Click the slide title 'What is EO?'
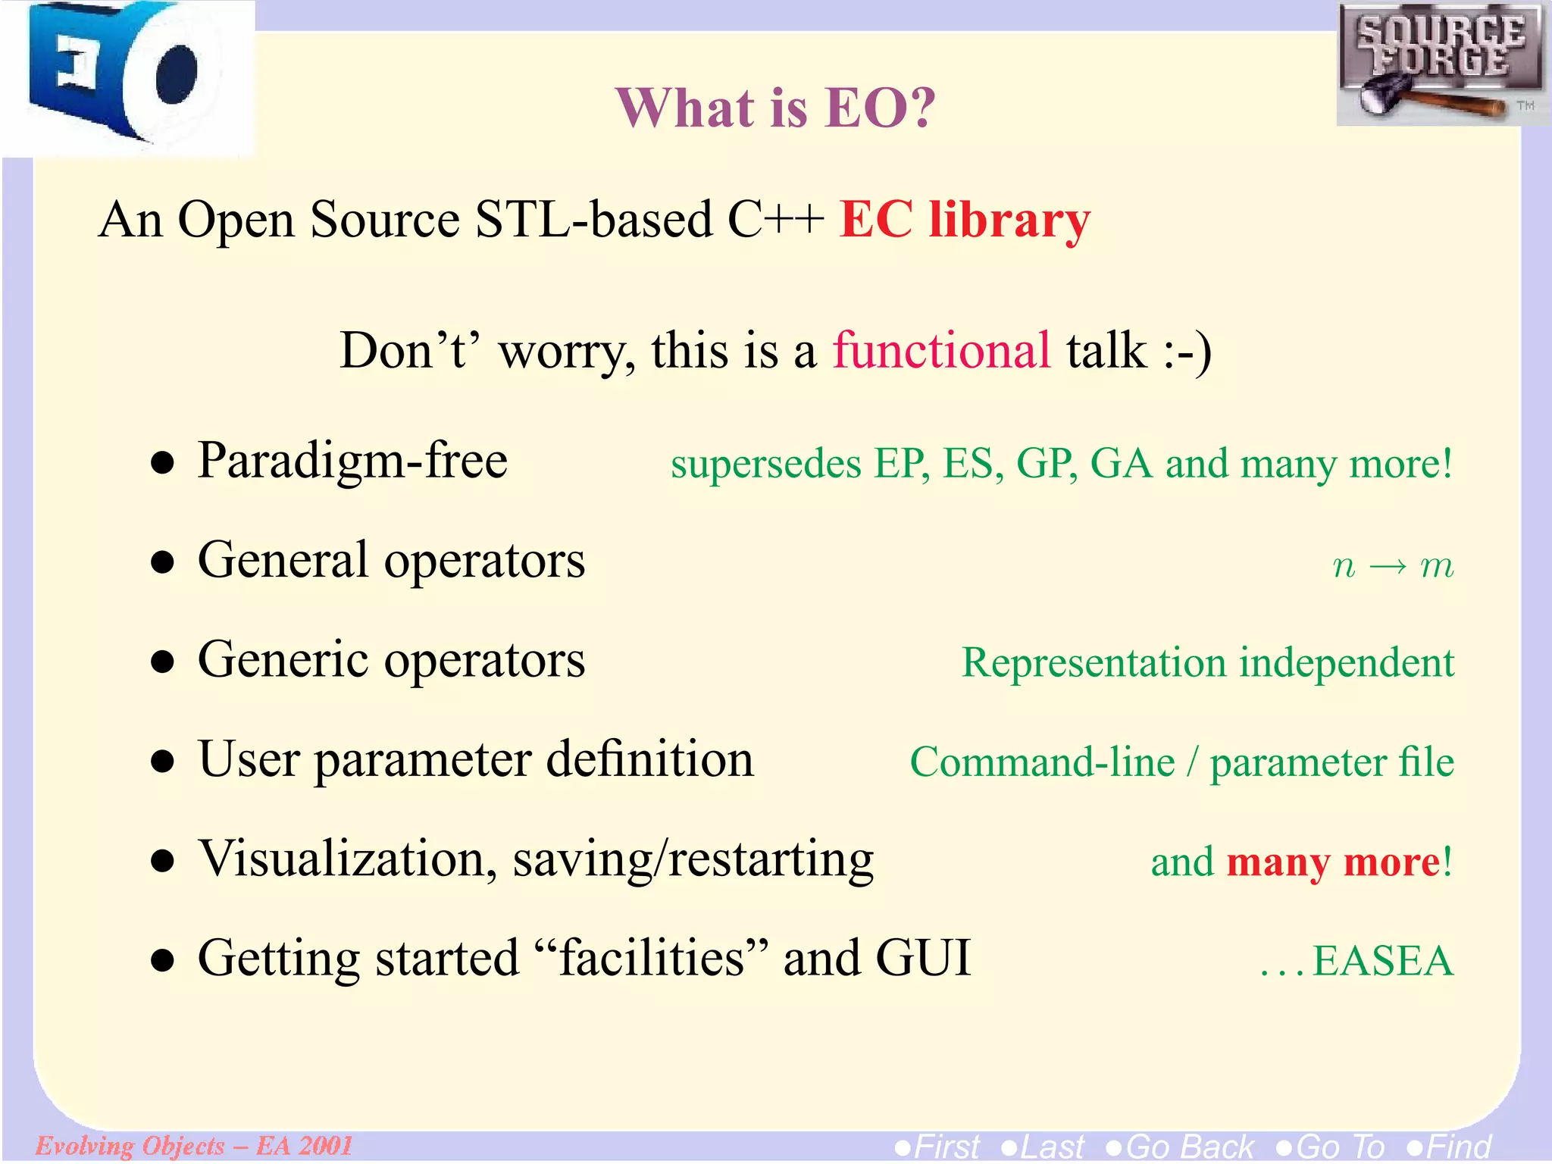(x=775, y=108)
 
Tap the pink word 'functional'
(x=942, y=351)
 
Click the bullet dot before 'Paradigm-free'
(x=162, y=462)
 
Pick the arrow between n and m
(x=1388, y=566)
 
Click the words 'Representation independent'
(x=1207, y=662)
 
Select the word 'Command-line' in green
(x=1042, y=762)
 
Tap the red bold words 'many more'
(x=1333, y=862)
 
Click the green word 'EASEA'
(x=1382, y=961)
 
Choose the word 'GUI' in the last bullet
(x=922, y=958)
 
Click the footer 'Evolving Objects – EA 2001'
(x=194, y=1145)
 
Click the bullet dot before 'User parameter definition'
(x=162, y=761)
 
